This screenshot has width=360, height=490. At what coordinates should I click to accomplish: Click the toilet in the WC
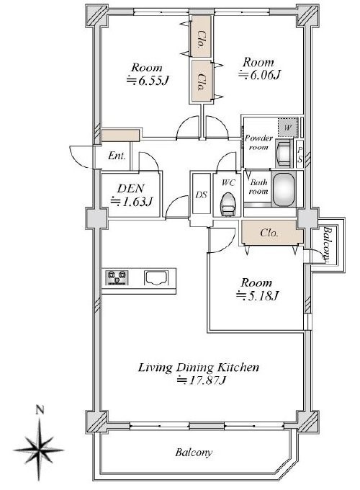pos(228,204)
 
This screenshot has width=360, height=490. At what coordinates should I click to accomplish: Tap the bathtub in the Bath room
pos(284,189)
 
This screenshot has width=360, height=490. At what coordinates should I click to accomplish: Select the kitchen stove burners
pos(117,277)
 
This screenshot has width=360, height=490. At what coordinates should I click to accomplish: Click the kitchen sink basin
pos(156,278)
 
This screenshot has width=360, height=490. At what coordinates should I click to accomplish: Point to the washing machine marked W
pos(287,128)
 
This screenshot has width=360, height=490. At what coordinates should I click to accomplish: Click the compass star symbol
pos(39,450)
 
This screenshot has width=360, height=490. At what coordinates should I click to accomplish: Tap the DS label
pos(202,195)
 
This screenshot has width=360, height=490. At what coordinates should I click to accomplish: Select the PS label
pos(300,156)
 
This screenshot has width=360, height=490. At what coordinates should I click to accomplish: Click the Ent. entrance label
pos(117,156)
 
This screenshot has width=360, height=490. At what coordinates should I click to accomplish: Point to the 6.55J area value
pos(148,81)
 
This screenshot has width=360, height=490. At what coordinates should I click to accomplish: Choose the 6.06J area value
pos(260,75)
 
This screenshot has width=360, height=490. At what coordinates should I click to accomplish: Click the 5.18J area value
pos(256,295)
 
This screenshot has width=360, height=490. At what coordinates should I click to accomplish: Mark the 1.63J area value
pos(132,202)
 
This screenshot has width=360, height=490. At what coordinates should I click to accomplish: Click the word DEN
pos(130,189)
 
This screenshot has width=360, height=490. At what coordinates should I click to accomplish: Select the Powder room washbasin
pos(284,153)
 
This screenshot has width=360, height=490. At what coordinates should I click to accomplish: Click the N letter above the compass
pos(39,410)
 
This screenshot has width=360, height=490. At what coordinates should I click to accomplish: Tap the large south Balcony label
pos(194,453)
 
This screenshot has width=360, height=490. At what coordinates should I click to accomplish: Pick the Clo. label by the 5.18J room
pos(269,233)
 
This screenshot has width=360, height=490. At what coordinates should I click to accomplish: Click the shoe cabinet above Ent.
pos(120,135)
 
